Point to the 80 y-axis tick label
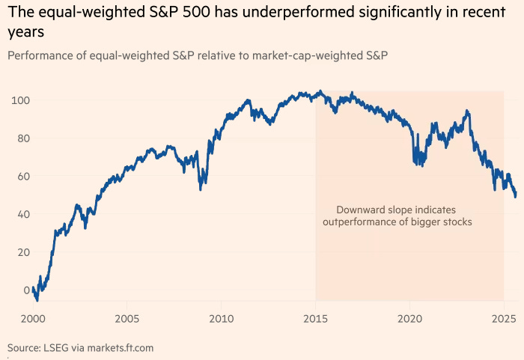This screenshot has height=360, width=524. [x=22, y=138]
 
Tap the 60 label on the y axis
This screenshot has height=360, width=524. [x=22, y=177]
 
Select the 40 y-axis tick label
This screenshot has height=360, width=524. [x=22, y=214]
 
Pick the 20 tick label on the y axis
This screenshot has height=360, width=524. [x=22, y=252]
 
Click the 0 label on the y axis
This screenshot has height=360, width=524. [x=26, y=290]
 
